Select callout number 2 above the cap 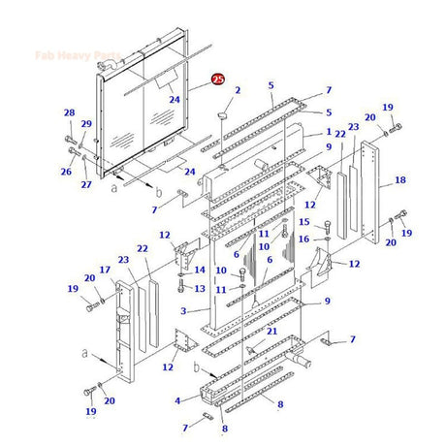tap(237, 90)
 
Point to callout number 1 tap(329, 131)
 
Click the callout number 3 tap(183, 311)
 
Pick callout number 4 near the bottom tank tap(176, 399)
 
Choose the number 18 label tap(399, 181)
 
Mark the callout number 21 tap(272, 332)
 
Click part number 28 tap(69, 113)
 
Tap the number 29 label tap(86, 124)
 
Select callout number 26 tap(66, 172)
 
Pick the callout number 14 tap(200, 270)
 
